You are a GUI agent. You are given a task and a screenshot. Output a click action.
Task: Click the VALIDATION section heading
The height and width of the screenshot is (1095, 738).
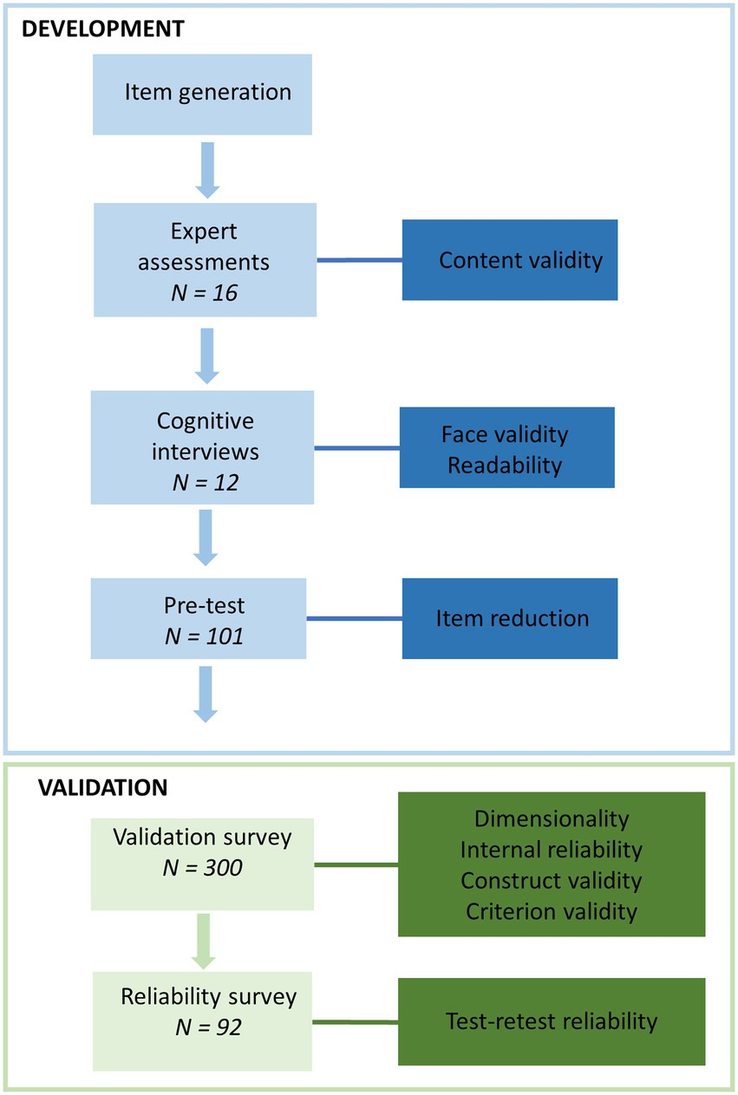click(x=91, y=788)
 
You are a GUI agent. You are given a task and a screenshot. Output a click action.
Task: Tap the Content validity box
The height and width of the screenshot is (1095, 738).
click(x=510, y=260)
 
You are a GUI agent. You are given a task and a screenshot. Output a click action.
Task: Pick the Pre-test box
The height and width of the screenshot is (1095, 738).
click(x=199, y=619)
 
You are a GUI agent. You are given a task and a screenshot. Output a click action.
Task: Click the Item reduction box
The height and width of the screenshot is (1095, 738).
click(x=510, y=618)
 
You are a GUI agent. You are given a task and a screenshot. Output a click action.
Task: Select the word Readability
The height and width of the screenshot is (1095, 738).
click(x=505, y=465)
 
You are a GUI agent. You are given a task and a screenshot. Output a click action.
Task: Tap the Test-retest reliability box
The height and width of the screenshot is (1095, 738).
click(x=551, y=1021)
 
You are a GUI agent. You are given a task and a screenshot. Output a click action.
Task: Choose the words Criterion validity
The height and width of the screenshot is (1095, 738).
click(x=551, y=911)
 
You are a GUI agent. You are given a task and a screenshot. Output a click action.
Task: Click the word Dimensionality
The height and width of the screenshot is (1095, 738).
click(x=551, y=818)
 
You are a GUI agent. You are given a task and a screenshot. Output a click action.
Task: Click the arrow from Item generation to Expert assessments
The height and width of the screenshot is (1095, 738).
click(x=206, y=171)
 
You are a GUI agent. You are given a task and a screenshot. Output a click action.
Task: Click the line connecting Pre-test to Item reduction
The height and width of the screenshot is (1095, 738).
click(x=355, y=619)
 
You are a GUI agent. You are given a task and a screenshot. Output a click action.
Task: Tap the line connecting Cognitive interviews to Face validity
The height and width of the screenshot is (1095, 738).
click(x=356, y=448)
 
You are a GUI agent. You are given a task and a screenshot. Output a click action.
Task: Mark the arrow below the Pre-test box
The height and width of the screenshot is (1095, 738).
click(x=206, y=694)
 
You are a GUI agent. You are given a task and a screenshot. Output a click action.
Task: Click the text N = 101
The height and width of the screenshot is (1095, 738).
click(x=205, y=637)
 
